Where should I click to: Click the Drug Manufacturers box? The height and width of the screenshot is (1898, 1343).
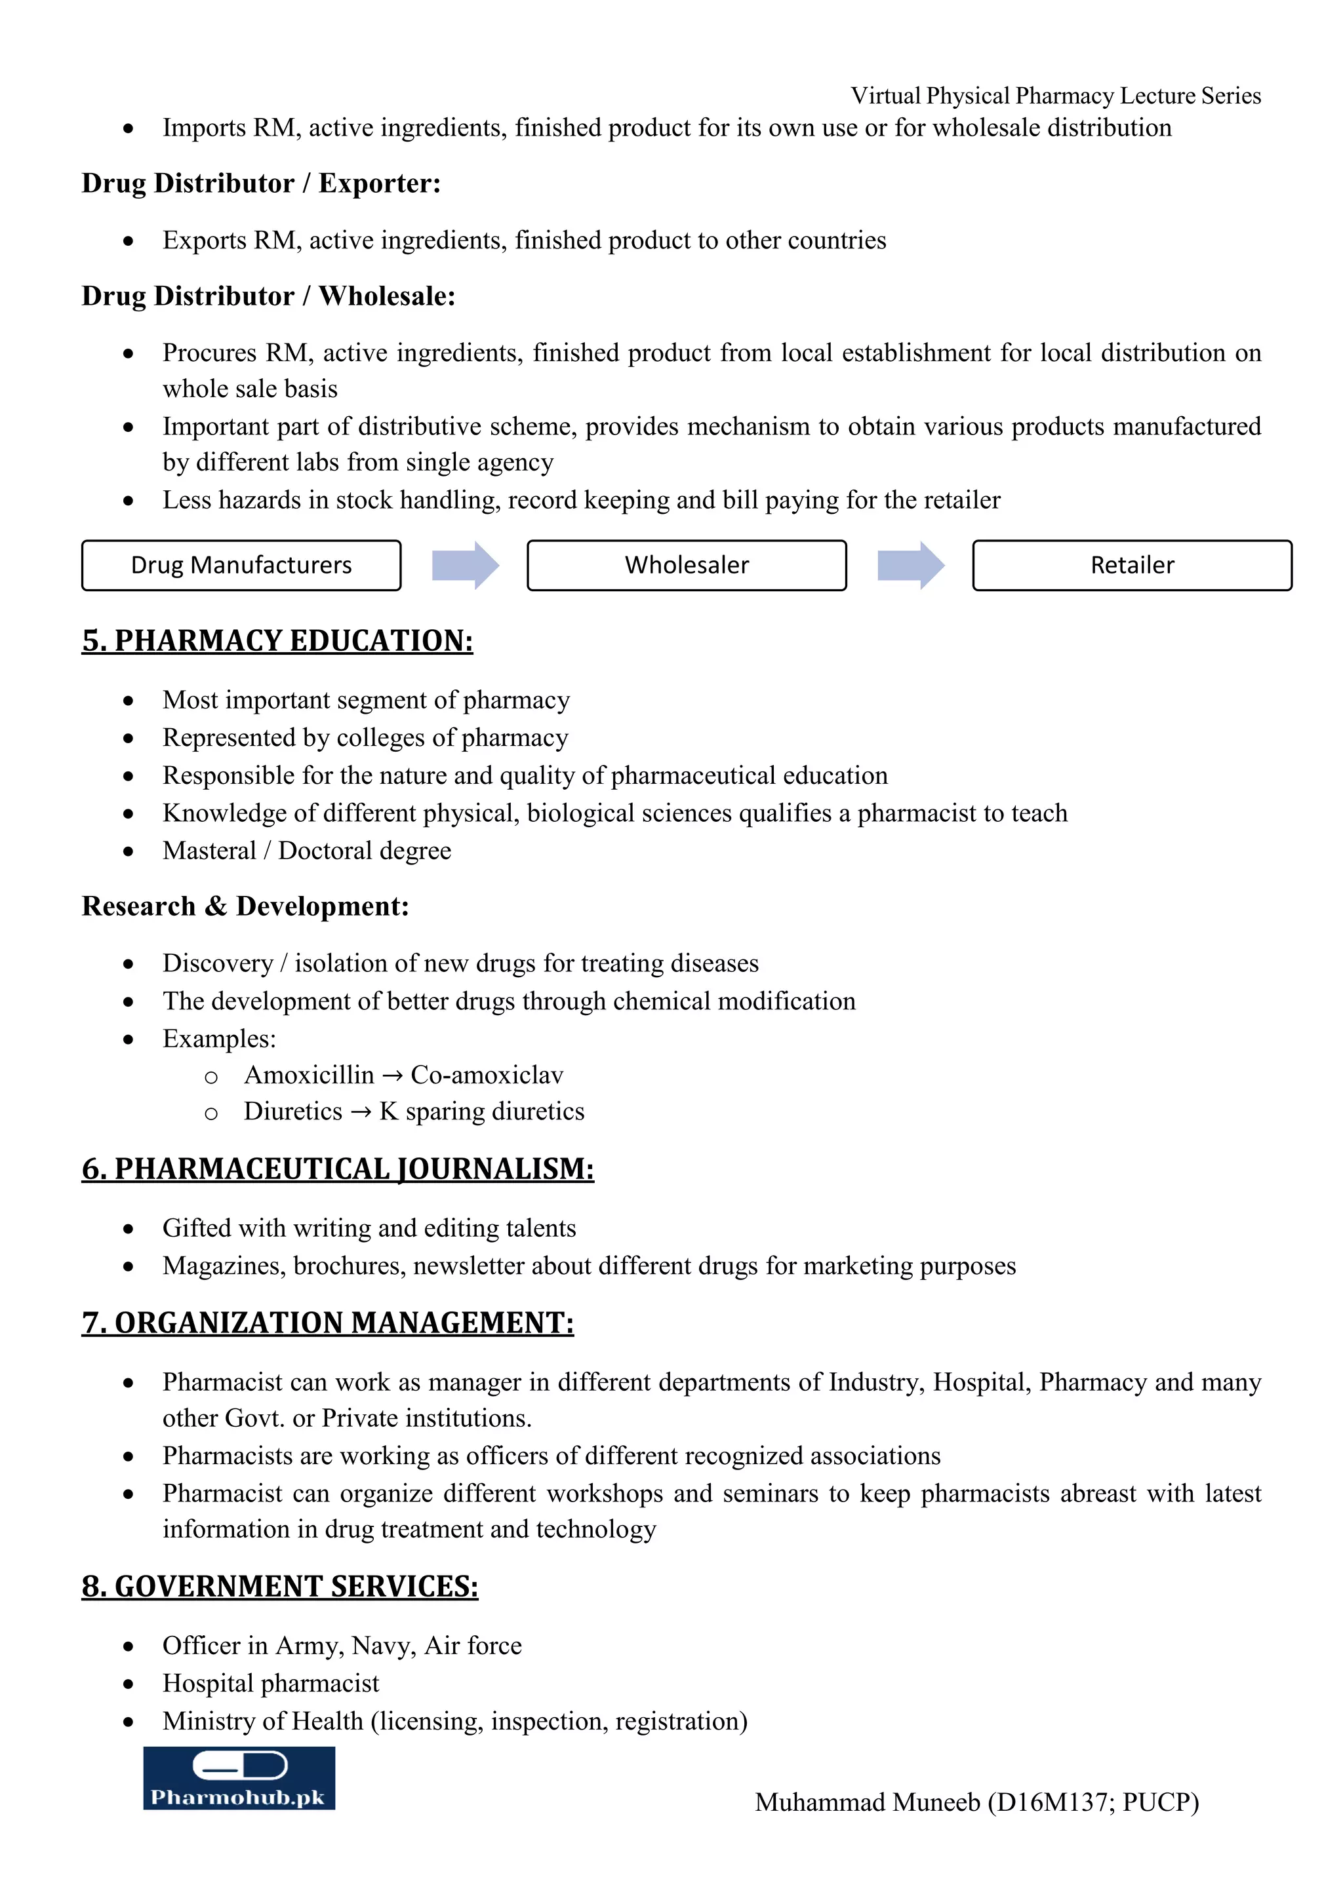tap(241, 566)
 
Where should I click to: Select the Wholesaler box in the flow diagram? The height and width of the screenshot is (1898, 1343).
tap(687, 566)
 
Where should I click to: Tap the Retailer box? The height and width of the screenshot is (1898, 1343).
tap(1131, 566)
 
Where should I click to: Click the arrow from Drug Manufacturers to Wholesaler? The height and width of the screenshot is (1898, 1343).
tap(466, 566)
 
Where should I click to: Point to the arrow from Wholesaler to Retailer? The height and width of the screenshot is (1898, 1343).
tap(910, 566)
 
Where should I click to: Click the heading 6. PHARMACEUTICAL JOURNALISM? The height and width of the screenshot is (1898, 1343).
tap(338, 1169)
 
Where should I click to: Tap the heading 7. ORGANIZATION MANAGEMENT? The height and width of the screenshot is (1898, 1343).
tap(327, 1323)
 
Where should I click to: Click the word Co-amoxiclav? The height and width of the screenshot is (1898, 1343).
tap(487, 1075)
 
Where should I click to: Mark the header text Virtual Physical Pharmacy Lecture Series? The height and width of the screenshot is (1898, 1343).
tap(1055, 96)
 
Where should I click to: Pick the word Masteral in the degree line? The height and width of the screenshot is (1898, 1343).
tap(209, 851)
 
